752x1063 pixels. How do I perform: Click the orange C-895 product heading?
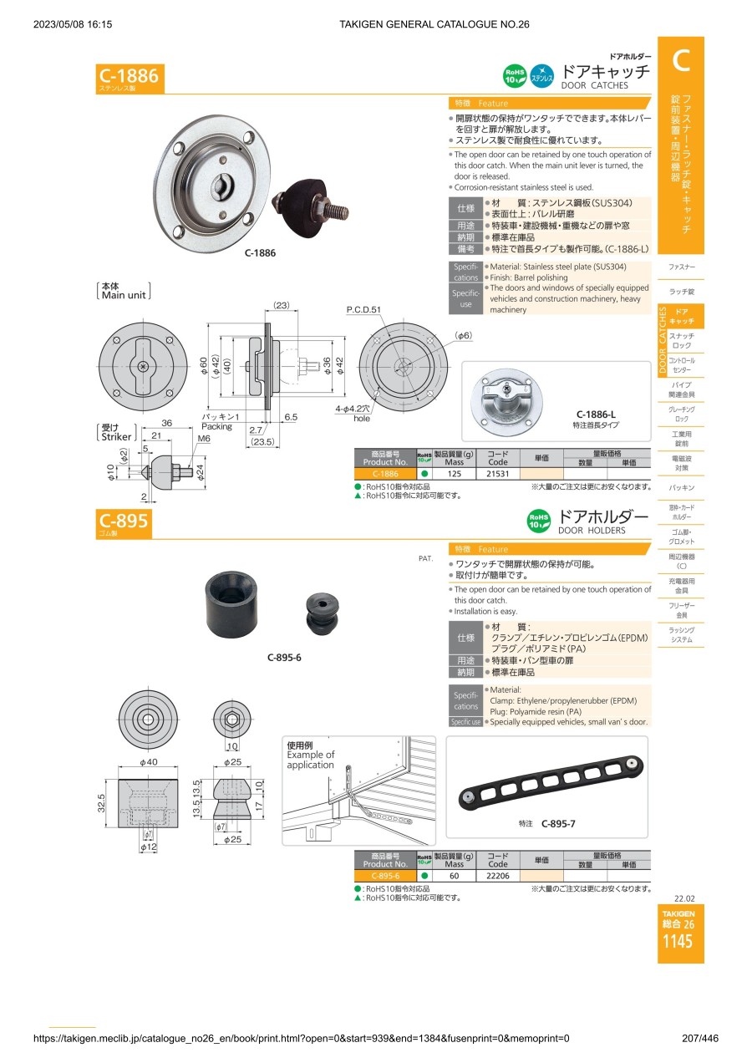(x=124, y=523)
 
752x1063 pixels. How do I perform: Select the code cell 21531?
(x=498, y=473)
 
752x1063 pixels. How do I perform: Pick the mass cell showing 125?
(x=455, y=473)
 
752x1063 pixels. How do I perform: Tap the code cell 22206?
(x=498, y=876)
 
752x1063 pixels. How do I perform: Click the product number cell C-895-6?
(x=385, y=876)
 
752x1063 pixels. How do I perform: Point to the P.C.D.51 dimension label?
(x=363, y=310)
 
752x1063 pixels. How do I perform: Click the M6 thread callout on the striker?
(x=203, y=439)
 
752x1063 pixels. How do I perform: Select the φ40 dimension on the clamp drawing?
(x=149, y=762)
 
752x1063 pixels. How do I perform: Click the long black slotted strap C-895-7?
(x=551, y=783)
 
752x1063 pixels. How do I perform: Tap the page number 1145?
(x=677, y=942)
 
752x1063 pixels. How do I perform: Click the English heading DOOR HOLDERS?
(x=592, y=531)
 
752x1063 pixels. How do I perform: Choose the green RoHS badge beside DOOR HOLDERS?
(x=538, y=521)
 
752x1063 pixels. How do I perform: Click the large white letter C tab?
(x=681, y=60)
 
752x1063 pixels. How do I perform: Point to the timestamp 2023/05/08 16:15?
(x=73, y=24)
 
